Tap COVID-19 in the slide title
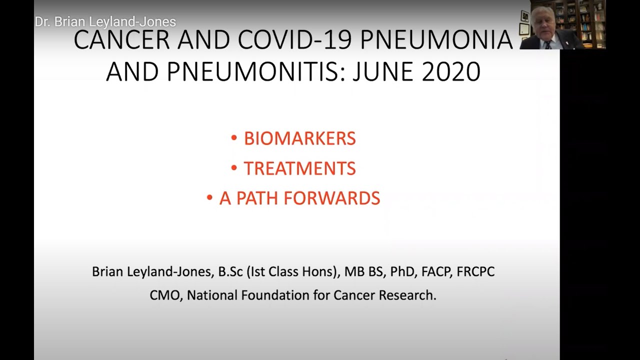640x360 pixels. coord(294,39)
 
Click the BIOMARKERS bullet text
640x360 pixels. coord(299,138)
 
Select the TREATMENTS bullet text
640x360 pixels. coord(299,168)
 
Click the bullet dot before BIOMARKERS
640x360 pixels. coord(234,138)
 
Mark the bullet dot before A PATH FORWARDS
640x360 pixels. coord(209,197)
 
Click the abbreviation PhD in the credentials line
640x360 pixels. coord(402,271)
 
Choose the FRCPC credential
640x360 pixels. coord(475,271)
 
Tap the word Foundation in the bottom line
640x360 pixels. coord(274,295)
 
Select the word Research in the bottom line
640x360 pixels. coord(407,295)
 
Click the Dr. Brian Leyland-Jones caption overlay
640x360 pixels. coord(105,22)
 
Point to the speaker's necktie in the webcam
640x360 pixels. coord(547,45)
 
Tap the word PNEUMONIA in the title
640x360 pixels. coord(436,39)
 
